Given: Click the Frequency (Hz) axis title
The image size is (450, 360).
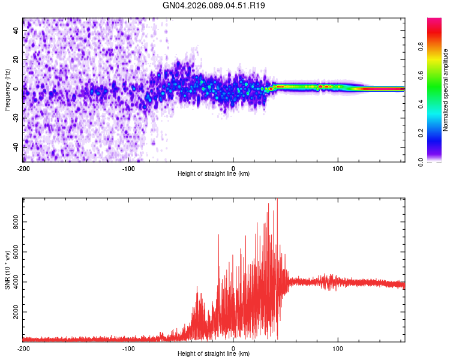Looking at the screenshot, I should (x=7, y=89).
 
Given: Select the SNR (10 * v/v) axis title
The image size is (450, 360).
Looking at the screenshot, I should (x=7, y=269).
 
